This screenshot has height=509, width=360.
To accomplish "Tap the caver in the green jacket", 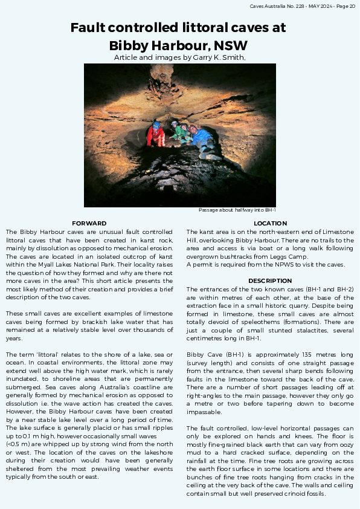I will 178,132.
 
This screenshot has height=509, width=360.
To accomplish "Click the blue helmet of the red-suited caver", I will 157,125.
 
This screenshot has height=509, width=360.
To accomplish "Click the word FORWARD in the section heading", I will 89,224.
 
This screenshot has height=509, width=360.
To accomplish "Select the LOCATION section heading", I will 270,224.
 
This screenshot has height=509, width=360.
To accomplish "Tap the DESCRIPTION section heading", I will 270,280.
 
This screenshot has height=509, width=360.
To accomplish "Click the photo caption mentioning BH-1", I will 237,210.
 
